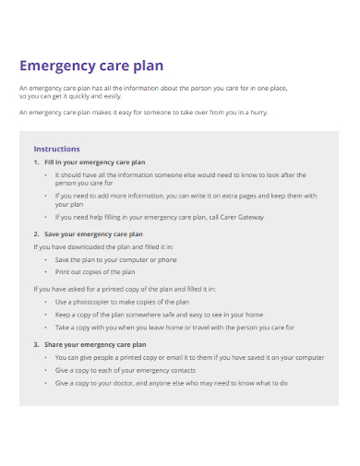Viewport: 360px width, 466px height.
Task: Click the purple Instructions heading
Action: (x=56, y=149)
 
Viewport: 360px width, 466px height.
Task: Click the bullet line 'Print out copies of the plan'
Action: (x=95, y=272)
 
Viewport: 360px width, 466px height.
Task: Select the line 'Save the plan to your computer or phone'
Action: (x=115, y=260)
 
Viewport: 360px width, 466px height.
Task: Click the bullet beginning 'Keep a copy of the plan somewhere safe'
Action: (x=158, y=315)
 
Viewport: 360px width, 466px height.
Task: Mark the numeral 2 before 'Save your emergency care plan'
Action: (x=35, y=234)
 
